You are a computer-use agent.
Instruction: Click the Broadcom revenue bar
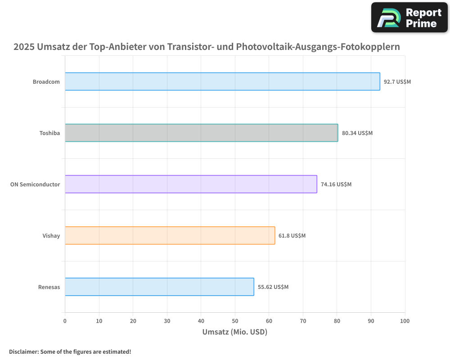pyautogui.click(x=222, y=81)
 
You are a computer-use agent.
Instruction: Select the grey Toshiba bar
pyautogui.click(x=201, y=133)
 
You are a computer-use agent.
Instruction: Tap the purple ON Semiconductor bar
pyautogui.click(x=191, y=184)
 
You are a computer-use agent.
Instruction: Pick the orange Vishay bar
pyautogui.click(x=170, y=235)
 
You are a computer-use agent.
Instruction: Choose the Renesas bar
pyautogui.click(x=159, y=287)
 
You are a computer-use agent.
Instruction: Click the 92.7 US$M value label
pyautogui.click(x=397, y=82)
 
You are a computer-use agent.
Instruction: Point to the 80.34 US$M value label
pyautogui.click(x=357, y=133)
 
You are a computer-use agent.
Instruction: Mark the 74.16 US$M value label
pyautogui.click(x=336, y=184)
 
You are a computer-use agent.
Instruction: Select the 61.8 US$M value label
pyautogui.click(x=292, y=236)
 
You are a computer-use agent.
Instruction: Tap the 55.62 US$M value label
pyautogui.click(x=273, y=287)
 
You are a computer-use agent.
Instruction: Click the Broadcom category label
pyautogui.click(x=46, y=82)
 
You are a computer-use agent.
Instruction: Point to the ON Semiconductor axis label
pyautogui.click(x=35, y=184)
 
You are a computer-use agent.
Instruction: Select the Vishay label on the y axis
pyautogui.click(x=51, y=236)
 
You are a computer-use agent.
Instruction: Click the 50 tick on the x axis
pyautogui.click(x=235, y=321)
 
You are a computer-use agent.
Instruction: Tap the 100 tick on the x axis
pyautogui.click(x=405, y=321)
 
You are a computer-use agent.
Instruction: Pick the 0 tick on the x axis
pyautogui.click(x=65, y=321)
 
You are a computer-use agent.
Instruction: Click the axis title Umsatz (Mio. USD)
pyautogui.click(x=234, y=332)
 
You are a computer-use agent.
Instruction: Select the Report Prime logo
pyautogui.click(x=409, y=18)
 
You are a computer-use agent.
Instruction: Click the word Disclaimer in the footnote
pyautogui.click(x=23, y=351)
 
